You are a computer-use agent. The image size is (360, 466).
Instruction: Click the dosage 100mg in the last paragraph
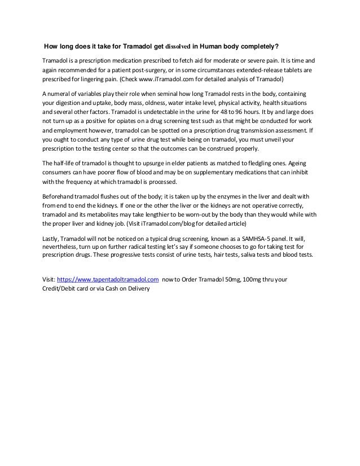click(249, 279)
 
